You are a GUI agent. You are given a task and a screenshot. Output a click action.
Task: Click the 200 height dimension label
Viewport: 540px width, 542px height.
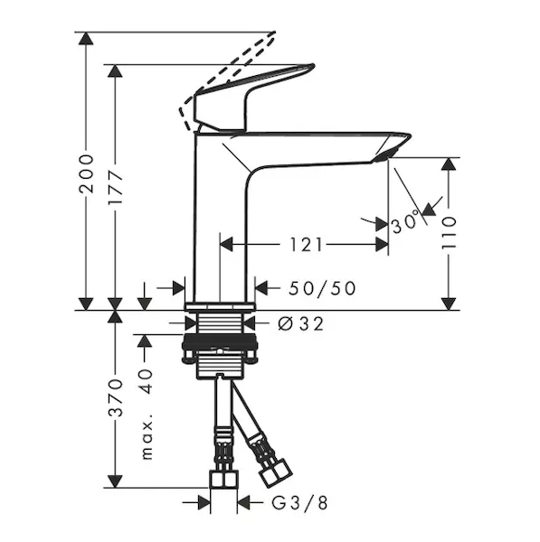click(86, 173)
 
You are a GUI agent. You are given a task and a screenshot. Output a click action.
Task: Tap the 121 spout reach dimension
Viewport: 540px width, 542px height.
click(306, 245)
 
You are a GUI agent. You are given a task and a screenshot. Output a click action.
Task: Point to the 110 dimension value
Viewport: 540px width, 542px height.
click(449, 233)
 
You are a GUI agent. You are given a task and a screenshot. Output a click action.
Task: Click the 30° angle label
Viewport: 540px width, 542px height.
click(405, 222)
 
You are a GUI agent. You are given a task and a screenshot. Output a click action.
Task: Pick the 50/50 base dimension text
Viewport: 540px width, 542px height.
click(322, 288)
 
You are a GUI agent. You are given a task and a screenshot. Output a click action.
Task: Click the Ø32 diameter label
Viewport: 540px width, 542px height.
click(301, 324)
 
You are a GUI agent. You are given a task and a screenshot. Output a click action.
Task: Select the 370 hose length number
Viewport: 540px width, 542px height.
click(115, 397)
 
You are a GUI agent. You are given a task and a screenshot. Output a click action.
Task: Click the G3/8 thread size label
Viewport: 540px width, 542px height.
click(299, 503)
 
